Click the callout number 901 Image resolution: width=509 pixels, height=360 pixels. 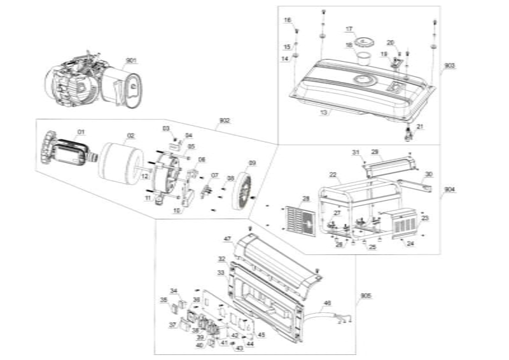pos(131,60)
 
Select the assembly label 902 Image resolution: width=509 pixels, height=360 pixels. pos(224,120)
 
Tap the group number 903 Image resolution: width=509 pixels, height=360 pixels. pos(450,66)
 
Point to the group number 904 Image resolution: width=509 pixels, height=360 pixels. pos(450,190)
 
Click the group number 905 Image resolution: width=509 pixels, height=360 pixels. pos(366,296)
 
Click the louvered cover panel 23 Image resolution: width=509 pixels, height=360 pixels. pos(405,223)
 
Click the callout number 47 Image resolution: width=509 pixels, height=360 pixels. pos(227,239)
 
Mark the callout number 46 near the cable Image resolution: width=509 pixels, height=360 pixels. pos(328,303)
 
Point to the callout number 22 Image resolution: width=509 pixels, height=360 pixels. pos(333,174)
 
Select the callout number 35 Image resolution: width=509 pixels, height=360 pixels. pos(164,300)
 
